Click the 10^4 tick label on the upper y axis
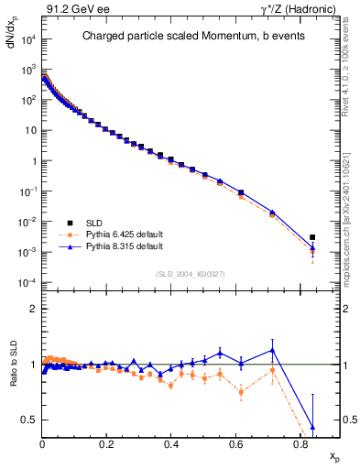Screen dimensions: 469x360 click(x=27, y=40)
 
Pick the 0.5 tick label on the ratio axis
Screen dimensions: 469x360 click(x=30, y=420)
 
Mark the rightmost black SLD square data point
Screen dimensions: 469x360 click(x=312, y=237)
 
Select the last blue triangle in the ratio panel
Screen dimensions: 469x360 click(x=312, y=427)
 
